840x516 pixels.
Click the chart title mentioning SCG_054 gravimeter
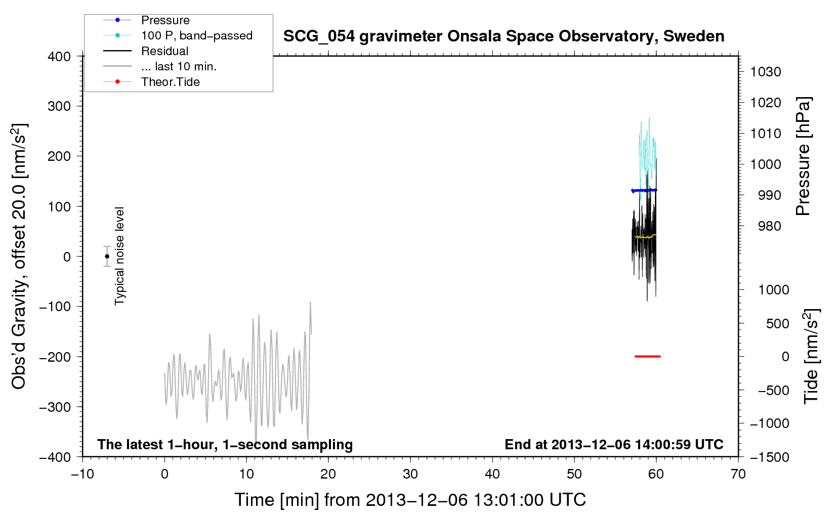(503, 36)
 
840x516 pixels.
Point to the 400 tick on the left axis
(59, 57)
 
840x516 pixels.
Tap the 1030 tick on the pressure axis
(766, 72)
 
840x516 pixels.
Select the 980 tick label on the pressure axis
(769, 226)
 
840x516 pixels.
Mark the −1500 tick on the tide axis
(770, 457)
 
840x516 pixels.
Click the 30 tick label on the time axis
(410, 474)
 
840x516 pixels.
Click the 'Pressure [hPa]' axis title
(803, 156)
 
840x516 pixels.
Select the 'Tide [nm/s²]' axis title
(812, 356)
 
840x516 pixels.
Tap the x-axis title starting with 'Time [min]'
(410, 500)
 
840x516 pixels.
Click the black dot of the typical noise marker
(107, 256)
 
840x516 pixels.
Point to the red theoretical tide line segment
(648, 356)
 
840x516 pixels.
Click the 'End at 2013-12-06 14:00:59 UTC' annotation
(614, 444)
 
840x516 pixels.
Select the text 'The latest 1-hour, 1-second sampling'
(225, 445)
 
